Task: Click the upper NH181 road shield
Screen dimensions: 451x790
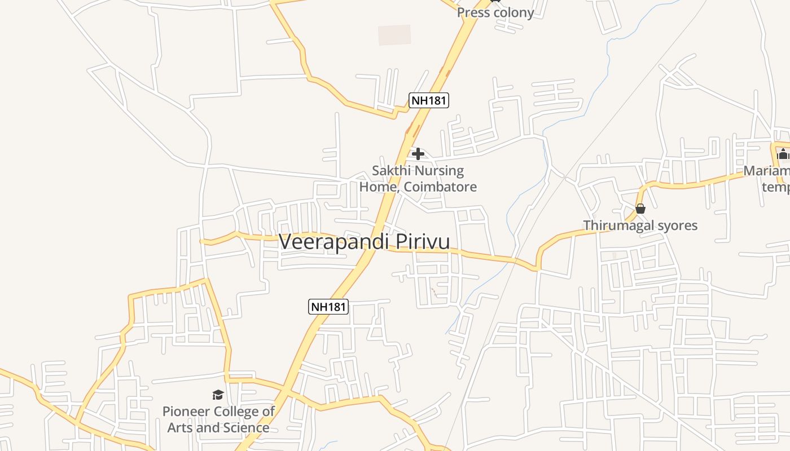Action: pos(429,101)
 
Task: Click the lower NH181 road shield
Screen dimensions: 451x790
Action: pos(328,307)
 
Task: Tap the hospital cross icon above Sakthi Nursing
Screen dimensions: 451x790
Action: pos(418,153)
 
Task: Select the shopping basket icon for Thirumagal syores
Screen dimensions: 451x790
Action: pos(640,209)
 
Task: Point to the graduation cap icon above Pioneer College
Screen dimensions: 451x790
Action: pos(218,395)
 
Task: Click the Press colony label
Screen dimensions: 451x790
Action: pos(495,12)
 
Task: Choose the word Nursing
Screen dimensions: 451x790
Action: pos(440,170)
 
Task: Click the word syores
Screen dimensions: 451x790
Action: pos(677,225)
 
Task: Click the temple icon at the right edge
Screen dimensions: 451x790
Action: pos(783,153)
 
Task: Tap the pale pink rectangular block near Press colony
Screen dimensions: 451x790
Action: pos(394,35)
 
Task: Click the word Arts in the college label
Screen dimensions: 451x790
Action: pos(179,427)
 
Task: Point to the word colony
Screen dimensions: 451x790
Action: pos(513,12)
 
